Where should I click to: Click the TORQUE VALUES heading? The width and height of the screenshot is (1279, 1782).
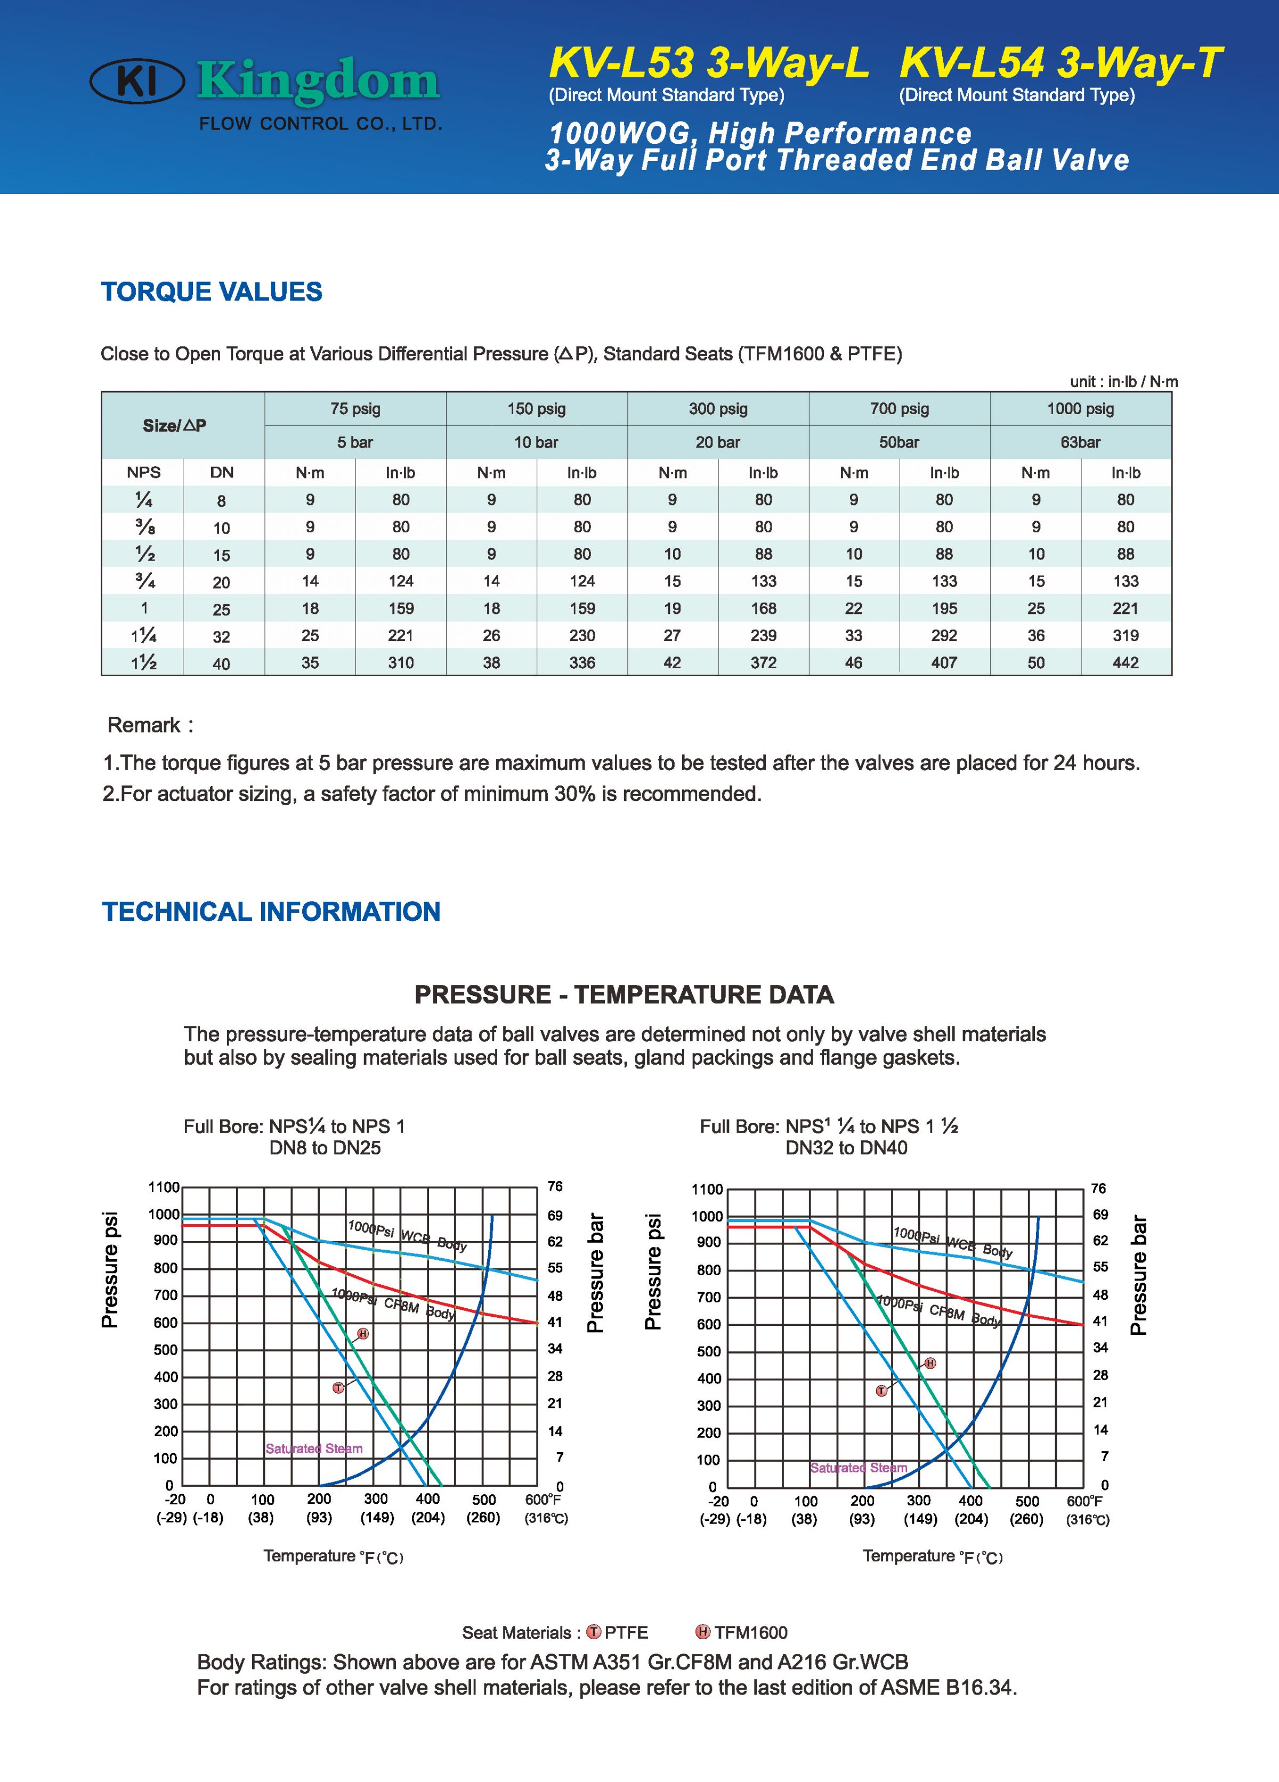coord(212,291)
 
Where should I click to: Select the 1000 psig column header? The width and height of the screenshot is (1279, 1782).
coord(1080,409)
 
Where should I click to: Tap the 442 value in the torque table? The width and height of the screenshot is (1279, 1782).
coord(1125,662)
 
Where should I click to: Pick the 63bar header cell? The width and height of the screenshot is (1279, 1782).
coord(1080,442)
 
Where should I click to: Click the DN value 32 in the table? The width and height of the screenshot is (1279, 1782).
coord(222,636)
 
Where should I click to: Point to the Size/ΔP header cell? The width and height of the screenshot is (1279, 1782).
coord(174,426)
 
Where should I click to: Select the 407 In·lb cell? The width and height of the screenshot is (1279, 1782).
coord(944,662)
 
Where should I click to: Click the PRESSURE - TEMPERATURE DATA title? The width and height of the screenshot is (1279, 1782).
coord(624,995)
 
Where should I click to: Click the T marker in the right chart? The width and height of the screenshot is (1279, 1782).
coord(881,1391)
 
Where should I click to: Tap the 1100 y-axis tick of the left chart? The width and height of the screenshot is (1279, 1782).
coord(164,1187)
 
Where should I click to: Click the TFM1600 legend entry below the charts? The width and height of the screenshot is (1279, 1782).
coord(750,1633)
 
